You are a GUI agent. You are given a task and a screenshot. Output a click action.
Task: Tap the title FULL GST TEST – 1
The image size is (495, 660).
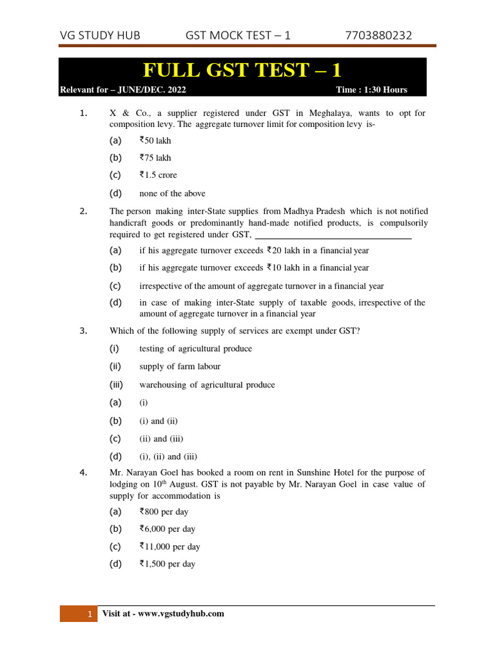point(242,70)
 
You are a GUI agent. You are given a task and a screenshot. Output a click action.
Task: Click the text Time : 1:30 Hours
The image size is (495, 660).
point(371,90)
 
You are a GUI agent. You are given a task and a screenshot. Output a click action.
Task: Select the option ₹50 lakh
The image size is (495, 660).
point(155,140)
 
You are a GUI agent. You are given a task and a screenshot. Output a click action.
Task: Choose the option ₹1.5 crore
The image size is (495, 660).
point(158,175)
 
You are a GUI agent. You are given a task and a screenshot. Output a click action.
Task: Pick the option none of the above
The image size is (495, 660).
point(172,193)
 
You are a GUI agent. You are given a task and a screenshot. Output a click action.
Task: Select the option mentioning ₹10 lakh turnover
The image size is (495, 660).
point(254,267)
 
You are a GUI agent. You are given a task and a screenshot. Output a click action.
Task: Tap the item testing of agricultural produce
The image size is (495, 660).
point(195,349)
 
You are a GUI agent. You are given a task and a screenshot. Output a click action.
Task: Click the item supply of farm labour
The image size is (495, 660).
point(180,366)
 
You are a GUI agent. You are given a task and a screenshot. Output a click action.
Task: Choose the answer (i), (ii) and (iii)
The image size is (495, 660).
point(168,457)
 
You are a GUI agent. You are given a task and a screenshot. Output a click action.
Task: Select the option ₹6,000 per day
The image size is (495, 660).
point(167,529)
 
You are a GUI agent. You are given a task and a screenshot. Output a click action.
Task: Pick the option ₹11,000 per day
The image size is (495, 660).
point(170,547)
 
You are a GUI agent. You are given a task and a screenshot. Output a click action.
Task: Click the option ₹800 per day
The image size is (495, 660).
point(164,512)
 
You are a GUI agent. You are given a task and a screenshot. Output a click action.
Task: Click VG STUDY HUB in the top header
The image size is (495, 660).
point(100,35)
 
